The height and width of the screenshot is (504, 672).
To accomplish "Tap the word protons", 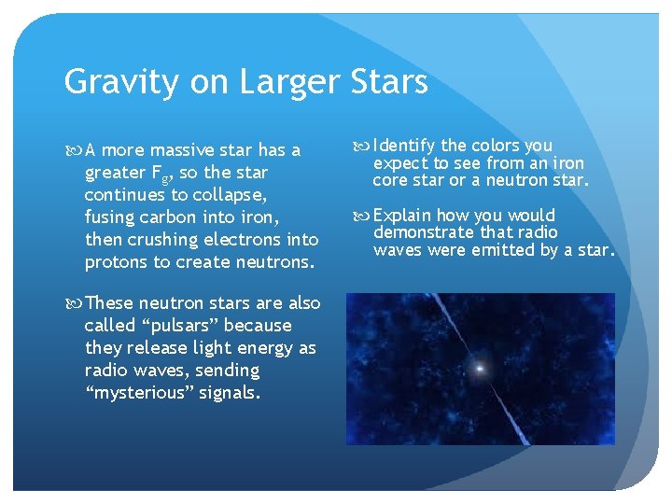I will click(116, 262).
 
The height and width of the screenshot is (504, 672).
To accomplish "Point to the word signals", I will click(230, 393).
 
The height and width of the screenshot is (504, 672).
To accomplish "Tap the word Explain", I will click(403, 216).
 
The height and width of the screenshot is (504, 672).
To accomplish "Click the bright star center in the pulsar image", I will click(481, 369).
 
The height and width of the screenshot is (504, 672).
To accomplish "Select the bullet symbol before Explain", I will click(362, 216).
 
